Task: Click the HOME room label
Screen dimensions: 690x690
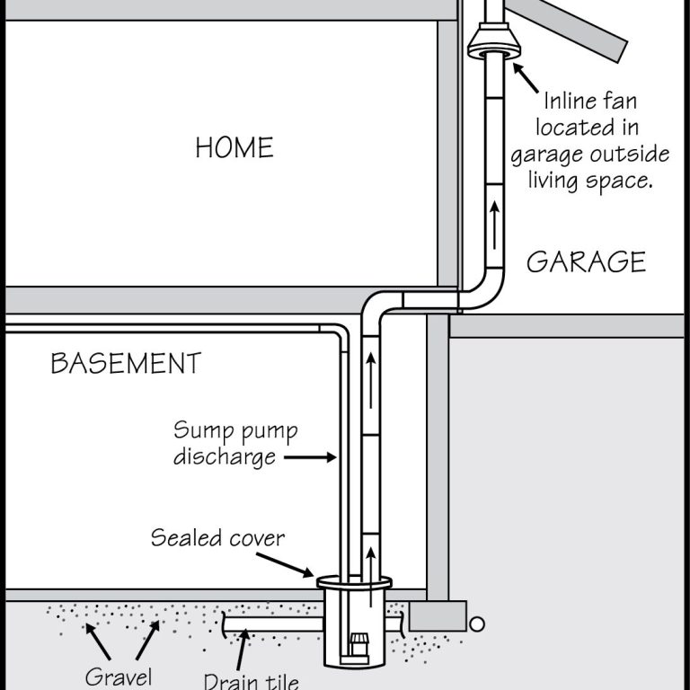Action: pos(234,146)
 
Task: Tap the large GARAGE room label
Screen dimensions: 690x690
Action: pos(586,261)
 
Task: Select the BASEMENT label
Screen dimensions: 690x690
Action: pos(126,364)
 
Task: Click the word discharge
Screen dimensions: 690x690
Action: pos(226,456)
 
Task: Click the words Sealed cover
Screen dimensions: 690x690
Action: pos(217,538)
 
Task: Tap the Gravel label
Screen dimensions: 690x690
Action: pos(118,675)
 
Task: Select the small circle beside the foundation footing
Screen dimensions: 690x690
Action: pos(477,622)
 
